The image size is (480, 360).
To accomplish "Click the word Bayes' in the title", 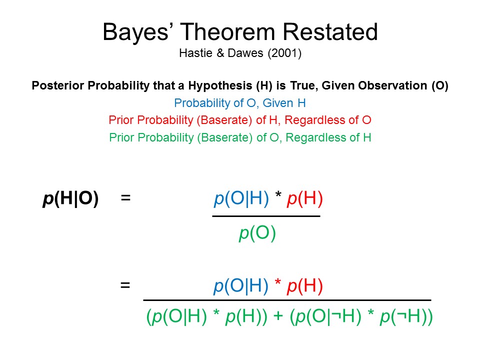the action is pyautogui.click(x=136, y=32).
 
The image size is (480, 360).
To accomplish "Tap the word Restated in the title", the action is pyautogui.click(x=330, y=31).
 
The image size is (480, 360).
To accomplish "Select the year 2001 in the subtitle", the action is pyautogui.click(x=284, y=53).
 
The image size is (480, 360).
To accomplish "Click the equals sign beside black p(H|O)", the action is pyautogui.click(x=125, y=198).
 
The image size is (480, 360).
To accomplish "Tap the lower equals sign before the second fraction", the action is pyautogui.click(x=125, y=285).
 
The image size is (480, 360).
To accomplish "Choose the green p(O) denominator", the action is pyautogui.click(x=257, y=233).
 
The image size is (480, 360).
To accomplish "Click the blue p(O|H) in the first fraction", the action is pyautogui.click(x=241, y=198).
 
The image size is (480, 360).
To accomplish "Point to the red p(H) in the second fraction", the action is pyautogui.click(x=305, y=286).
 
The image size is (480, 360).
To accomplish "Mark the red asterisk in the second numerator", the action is pyautogui.click(x=278, y=281).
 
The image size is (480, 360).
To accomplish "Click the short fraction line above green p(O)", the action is pyautogui.click(x=266, y=216).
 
